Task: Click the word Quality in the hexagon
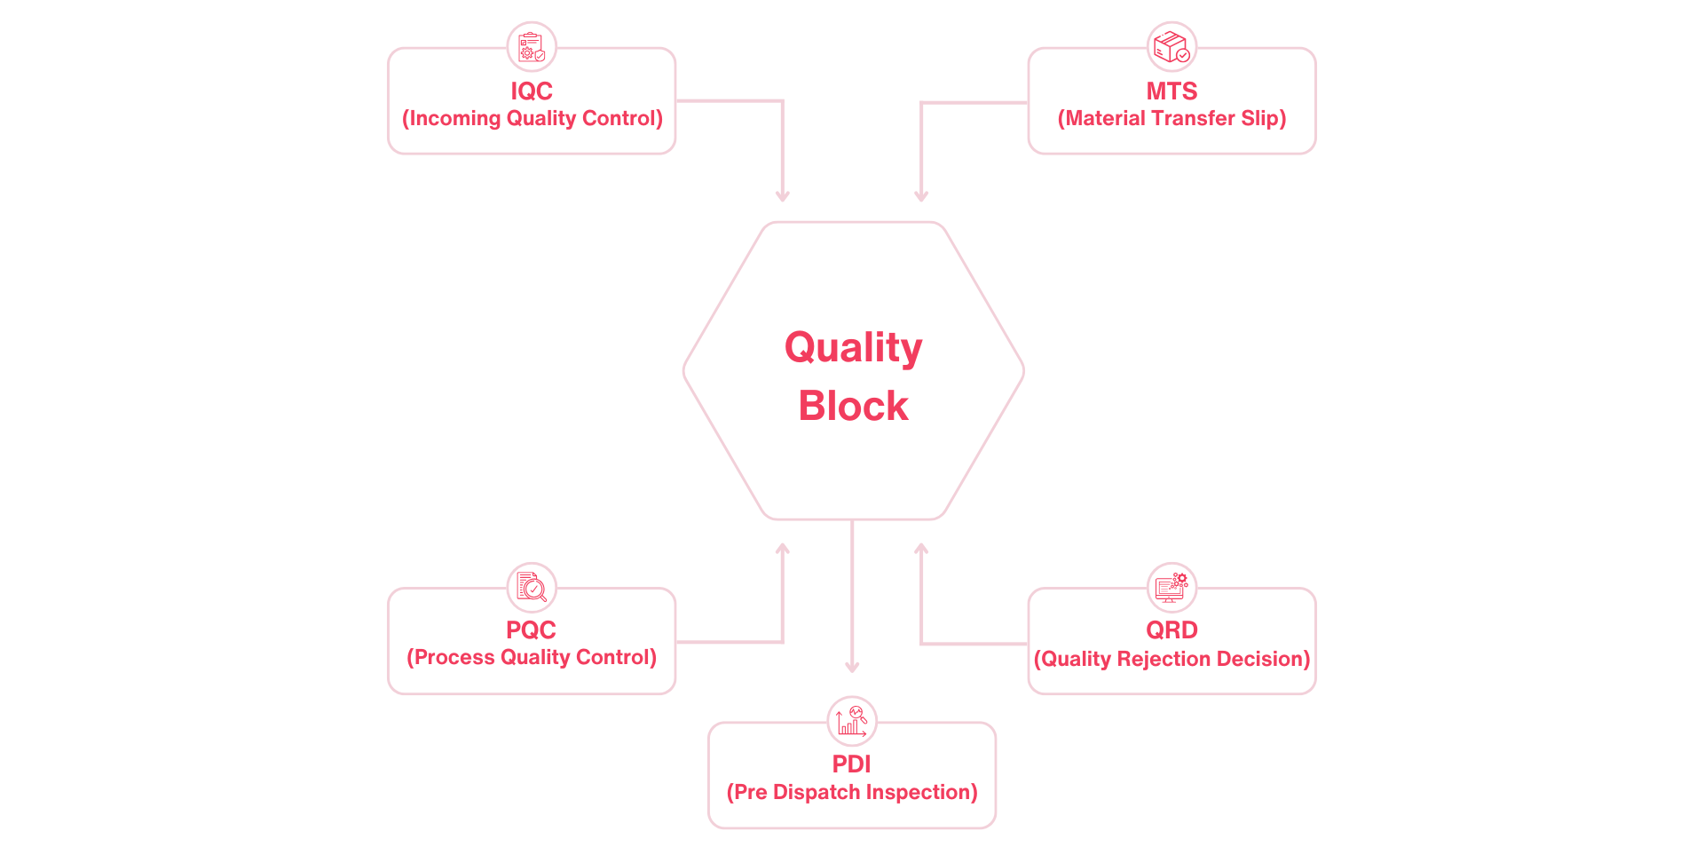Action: pyautogui.click(x=853, y=347)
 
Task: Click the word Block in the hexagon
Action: pyautogui.click(x=853, y=406)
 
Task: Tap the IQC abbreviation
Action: pyautogui.click(x=531, y=91)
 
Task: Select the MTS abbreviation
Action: pyautogui.click(x=1171, y=91)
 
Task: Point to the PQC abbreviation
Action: pyautogui.click(x=531, y=629)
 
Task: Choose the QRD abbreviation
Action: pyautogui.click(x=1171, y=629)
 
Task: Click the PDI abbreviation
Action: pyautogui.click(x=851, y=764)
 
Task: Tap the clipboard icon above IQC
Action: pyautogui.click(x=531, y=46)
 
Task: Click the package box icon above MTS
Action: pyautogui.click(x=1171, y=46)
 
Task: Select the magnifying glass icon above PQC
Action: pyautogui.click(x=531, y=586)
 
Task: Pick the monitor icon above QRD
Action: pyautogui.click(x=1171, y=586)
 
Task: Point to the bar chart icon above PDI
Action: pyautogui.click(x=851, y=720)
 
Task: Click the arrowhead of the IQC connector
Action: pyautogui.click(x=782, y=196)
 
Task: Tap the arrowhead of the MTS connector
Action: pyautogui.click(x=921, y=196)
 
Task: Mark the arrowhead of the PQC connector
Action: pyautogui.click(x=782, y=549)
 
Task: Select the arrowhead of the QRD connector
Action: pyautogui.click(x=921, y=549)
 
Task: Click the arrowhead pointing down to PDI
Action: pyautogui.click(x=852, y=667)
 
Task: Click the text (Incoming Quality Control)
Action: pyautogui.click(x=532, y=119)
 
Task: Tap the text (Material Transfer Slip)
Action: pyautogui.click(x=1171, y=119)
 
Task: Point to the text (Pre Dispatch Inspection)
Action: pyautogui.click(x=851, y=792)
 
